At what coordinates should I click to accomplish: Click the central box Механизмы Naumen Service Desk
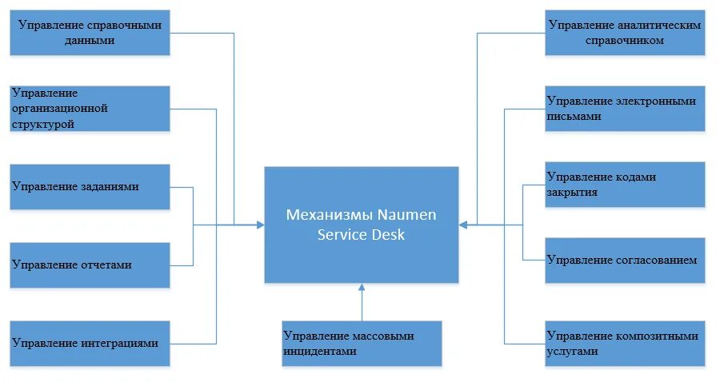[x=362, y=225]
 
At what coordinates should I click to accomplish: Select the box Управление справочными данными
[x=90, y=33]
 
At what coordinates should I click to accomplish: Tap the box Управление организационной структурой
[x=90, y=109]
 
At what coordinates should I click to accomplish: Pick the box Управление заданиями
[x=90, y=187]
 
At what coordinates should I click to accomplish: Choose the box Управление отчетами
[x=90, y=265]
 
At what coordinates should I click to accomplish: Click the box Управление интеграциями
[x=90, y=343]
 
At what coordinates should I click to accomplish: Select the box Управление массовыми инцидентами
[x=362, y=344]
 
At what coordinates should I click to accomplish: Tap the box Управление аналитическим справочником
[x=625, y=33]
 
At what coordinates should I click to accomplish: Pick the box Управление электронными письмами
[x=625, y=109]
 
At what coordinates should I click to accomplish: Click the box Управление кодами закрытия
[x=625, y=185]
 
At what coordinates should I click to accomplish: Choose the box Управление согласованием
[x=625, y=260]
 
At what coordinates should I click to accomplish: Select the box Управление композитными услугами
[x=625, y=344]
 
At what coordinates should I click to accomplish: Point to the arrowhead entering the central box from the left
[x=259, y=225]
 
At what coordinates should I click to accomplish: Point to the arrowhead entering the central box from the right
[x=464, y=225]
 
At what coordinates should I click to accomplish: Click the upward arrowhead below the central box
[x=362, y=288]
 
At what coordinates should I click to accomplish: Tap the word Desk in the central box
[x=391, y=235]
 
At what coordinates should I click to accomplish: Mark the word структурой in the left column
[x=43, y=124]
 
